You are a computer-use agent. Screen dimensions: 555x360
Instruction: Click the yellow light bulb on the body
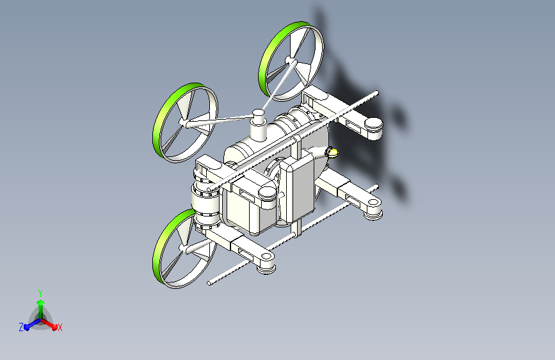coord(332,152)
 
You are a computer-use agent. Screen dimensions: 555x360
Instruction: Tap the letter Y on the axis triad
coord(40,293)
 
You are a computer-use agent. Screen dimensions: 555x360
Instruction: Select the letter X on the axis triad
coord(60,328)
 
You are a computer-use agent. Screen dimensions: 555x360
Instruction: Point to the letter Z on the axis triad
coord(21,327)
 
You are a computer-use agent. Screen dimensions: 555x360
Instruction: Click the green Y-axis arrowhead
coord(41,303)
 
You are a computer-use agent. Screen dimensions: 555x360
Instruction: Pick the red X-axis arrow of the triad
coord(49,324)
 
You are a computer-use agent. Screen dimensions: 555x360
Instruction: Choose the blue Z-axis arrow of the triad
coord(33,324)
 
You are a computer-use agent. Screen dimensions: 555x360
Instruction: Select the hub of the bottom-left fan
coord(183,248)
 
